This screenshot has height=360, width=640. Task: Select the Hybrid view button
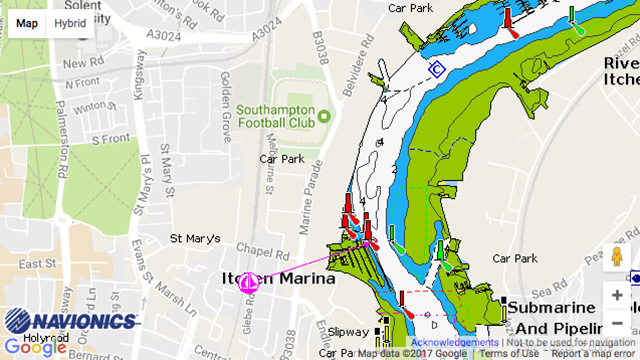coord(70,23)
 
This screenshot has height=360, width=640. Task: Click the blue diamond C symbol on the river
coord(437,68)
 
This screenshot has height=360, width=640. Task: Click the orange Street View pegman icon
coord(617,257)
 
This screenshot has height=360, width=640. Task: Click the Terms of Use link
coord(510,353)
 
